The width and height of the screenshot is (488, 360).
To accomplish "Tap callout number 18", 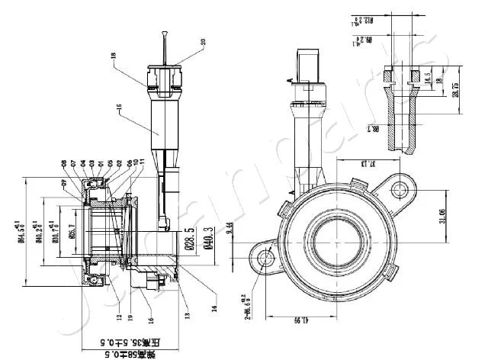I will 112,56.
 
